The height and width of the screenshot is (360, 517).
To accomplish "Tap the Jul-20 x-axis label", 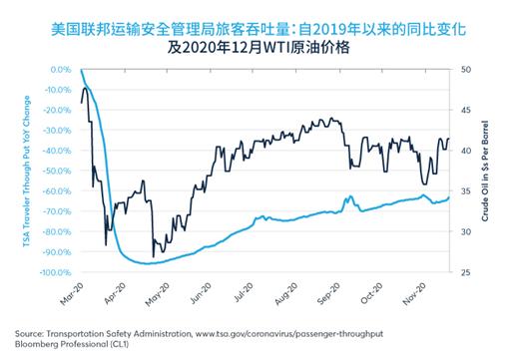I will coord(245,283).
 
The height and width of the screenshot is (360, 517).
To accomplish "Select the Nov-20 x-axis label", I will coord(415,283).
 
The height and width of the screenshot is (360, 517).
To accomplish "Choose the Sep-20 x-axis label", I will coord(330,283).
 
